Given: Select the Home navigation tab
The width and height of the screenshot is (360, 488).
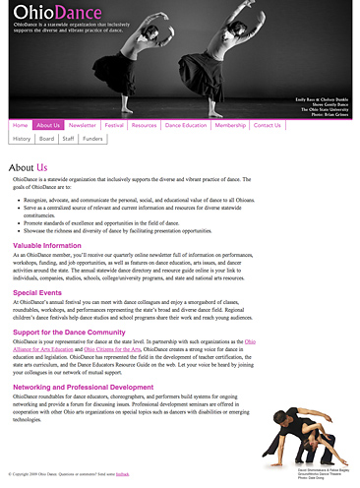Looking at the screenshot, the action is (21, 126).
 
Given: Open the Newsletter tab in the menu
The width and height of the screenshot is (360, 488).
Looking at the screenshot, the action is (83, 126).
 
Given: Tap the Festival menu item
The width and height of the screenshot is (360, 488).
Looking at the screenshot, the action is (114, 126).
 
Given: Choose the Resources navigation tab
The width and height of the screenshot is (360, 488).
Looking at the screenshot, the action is (144, 126).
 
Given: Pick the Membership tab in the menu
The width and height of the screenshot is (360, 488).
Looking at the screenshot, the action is (230, 126).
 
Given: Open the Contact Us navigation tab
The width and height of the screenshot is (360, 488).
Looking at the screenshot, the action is (267, 126).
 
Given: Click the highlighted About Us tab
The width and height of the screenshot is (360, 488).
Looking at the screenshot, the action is (49, 126).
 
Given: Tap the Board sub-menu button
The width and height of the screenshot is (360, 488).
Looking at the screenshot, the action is (47, 140).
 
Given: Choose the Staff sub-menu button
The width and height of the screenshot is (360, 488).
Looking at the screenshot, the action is (68, 140).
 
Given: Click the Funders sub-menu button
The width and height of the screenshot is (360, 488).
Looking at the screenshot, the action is (92, 140).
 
